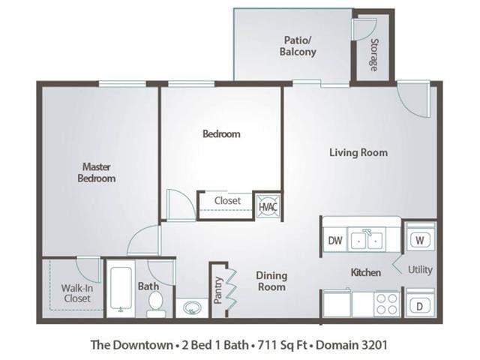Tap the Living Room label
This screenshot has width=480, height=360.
pyautogui.click(x=358, y=152)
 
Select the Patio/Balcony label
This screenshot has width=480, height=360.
pyautogui.click(x=298, y=46)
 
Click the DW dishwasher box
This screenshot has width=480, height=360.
pyautogui.click(x=335, y=241)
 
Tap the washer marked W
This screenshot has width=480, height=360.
pyautogui.click(x=419, y=241)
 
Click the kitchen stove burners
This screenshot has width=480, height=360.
pyautogui.click(x=386, y=304)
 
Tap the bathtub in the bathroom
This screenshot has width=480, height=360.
pyautogui.click(x=120, y=289)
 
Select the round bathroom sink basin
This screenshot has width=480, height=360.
pyautogui.click(x=192, y=307)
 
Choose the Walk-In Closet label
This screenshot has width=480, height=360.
pyautogui.click(x=75, y=292)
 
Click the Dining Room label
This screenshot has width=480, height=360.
pyautogui.click(x=271, y=280)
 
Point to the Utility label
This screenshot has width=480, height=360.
pyautogui.click(x=420, y=270)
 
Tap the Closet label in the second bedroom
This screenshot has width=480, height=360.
pyautogui.click(x=227, y=201)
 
